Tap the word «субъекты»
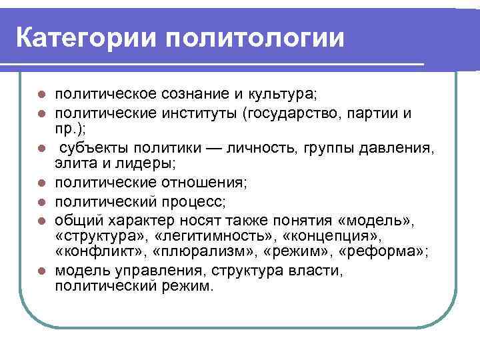[x=90, y=147]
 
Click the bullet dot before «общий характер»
[x=41, y=218]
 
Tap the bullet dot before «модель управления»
[x=41, y=271]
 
